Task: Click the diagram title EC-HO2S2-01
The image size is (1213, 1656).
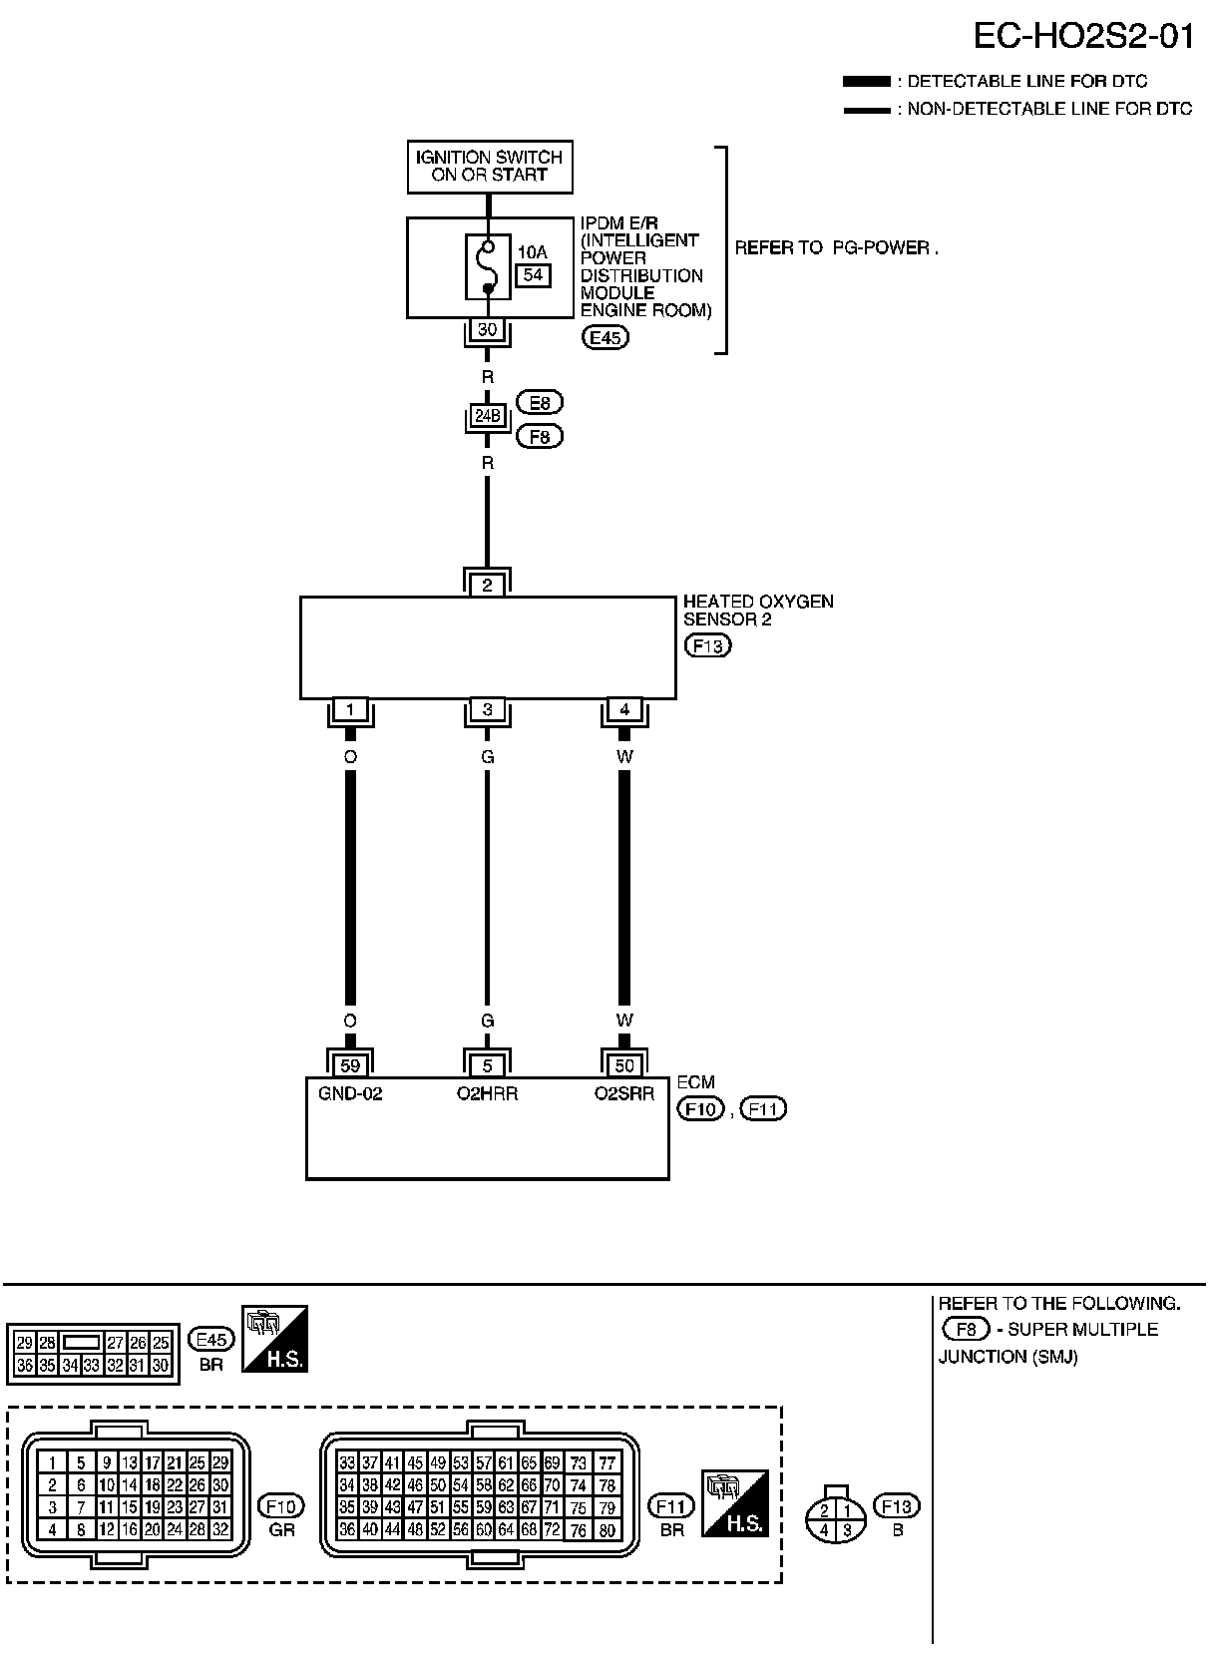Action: pos(1083,37)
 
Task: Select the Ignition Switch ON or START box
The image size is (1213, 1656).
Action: pos(490,166)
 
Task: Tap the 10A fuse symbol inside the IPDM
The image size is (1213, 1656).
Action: pos(488,267)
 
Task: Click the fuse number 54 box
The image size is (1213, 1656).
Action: pos(534,274)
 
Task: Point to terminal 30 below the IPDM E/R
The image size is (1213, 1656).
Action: pos(488,329)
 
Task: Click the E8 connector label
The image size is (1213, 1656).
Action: pos(540,403)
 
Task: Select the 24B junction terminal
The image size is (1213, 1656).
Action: pos(488,415)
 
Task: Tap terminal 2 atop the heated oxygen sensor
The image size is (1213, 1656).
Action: pos(488,585)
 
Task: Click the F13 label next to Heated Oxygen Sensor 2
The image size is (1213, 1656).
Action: pos(707,645)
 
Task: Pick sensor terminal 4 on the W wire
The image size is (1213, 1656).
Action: pos(624,710)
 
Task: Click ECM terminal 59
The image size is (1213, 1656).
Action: pos(350,1065)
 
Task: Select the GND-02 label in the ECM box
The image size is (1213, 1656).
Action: pos(350,1093)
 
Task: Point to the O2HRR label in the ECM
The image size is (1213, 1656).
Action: pos(488,1093)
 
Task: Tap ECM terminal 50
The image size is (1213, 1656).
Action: pos(624,1065)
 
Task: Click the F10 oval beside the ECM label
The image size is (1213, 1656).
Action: pos(700,1108)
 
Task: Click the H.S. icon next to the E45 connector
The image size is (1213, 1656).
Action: pos(274,1339)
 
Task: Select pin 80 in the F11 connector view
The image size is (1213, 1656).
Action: pos(606,1530)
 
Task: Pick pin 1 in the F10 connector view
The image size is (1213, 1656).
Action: pos(52,1463)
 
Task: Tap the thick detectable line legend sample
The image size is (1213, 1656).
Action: pos(865,82)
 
